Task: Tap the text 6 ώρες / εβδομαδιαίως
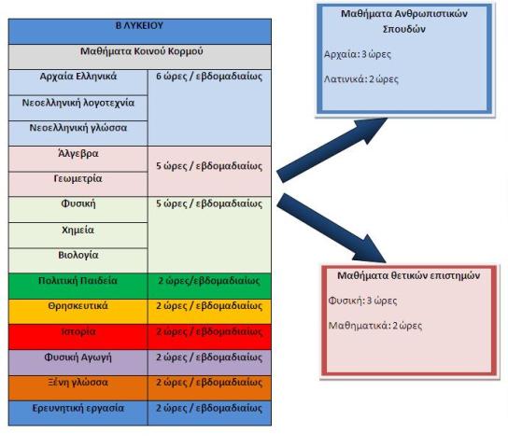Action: [209, 77]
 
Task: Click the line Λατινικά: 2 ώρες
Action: [360, 79]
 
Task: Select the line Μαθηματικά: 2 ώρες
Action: [375, 326]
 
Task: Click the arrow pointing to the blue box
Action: [332, 150]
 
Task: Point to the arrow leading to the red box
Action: [332, 228]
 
